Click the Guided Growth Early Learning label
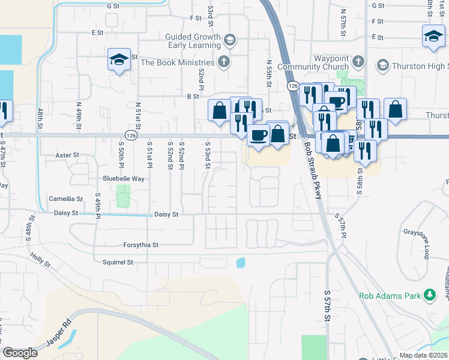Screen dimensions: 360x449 click(193, 41)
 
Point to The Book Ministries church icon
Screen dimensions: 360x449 click(223, 62)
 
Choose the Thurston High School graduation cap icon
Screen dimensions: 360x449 click(381, 65)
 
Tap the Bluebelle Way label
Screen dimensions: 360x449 click(124, 179)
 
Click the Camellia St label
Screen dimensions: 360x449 click(66, 199)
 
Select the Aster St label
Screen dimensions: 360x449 click(67, 155)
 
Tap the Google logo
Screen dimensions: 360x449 click(20, 353)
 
